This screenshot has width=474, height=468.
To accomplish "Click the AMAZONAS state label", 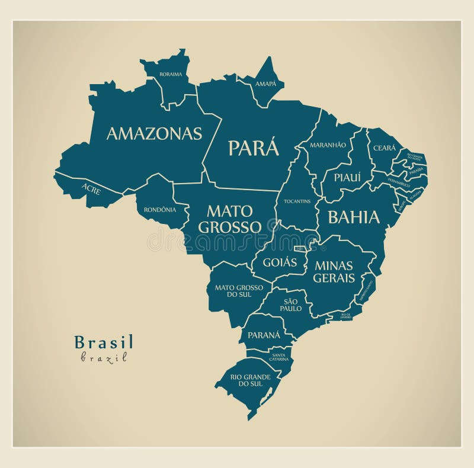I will pyautogui.click(x=154, y=134).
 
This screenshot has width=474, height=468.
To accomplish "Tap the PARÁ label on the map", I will pyautogui.click(x=254, y=148).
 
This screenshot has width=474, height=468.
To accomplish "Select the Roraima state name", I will pyautogui.click(x=171, y=74).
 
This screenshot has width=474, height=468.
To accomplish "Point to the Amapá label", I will pyautogui.click(x=265, y=84).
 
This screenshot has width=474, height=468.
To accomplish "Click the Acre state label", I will pyautogui.click(x=91, y=190).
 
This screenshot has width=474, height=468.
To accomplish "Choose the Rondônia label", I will pyautogui.click(x=159, y=209).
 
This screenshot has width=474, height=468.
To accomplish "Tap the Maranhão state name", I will pyautogui.click(x=328, y=145).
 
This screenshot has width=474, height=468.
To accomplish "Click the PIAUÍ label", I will pyautogui.click(x=347, y=177).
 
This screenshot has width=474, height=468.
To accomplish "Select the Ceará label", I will pyautogui.click(x=384, y=148).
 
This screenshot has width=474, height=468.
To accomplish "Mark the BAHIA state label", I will pyautogui.click(x=354, y=217).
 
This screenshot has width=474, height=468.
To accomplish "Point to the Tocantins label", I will pyautogui.click(x=297, y=201).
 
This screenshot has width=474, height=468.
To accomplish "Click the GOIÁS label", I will pyautogui.click(x=280, y=262).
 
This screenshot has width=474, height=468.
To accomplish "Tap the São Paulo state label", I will pyautogui.click(x=292, y=305).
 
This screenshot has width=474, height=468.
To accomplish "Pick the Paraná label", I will pyautogui.click(x=264, y=335).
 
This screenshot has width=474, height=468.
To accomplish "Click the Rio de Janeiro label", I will pyautogui.click(x=345, y=315).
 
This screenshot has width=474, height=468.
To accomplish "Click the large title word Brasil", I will pyautogui.click(x=104, y=342).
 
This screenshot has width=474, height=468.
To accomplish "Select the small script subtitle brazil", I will pyautogui.click(x=104, y=357).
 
